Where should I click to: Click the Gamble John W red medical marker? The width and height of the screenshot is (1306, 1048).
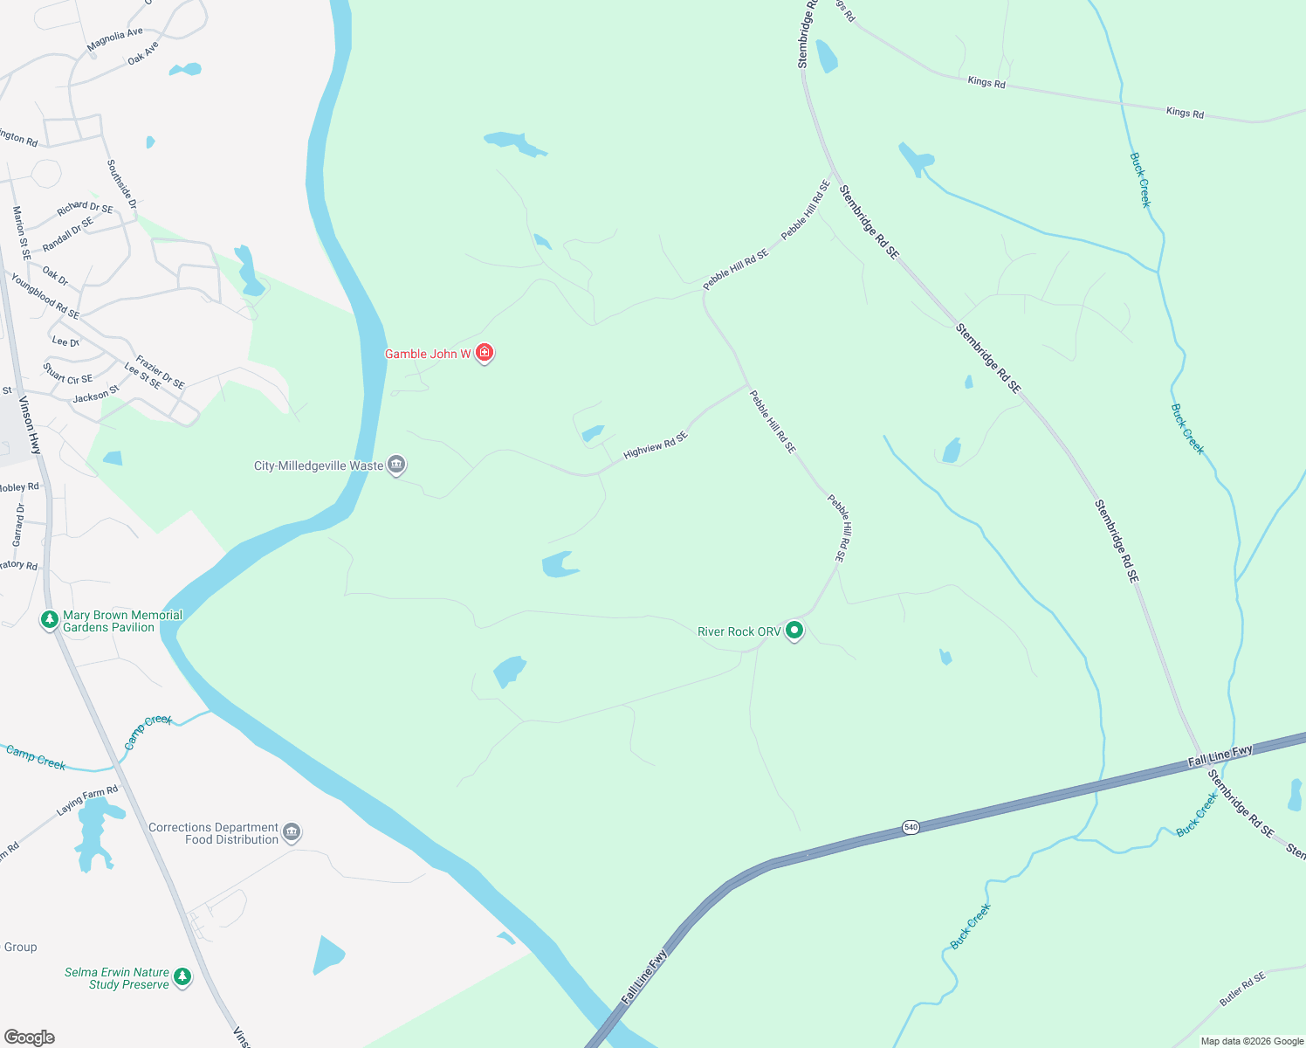tap(485, 353)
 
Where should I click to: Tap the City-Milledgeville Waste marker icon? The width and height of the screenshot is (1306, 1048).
tap(396, 465)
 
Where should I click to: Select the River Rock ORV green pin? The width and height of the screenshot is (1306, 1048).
tap(794, 630)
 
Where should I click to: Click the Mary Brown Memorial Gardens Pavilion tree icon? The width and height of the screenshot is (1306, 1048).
tap(50, 620)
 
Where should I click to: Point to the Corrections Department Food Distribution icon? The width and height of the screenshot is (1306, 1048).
tap(292, 831)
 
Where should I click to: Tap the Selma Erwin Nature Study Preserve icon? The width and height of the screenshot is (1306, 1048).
tap(182, 976)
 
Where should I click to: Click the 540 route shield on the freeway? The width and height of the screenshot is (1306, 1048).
tap(911, 826)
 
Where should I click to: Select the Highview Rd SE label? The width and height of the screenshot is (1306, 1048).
tap(656, 445)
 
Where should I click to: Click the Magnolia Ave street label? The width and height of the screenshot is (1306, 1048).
tap(114, 39)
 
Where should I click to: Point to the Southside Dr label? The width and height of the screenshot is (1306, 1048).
tap(122, 183)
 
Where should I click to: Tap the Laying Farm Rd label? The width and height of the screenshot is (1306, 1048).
tap(87, 801)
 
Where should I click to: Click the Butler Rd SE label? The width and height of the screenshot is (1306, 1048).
tap(1242, 989)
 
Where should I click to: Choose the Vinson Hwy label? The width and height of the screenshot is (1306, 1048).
tap(31, 425)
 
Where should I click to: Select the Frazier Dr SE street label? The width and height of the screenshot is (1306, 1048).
tap(160, 372)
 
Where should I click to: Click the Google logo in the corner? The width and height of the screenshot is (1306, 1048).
tap(30, 1038)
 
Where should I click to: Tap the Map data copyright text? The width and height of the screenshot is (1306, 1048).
tap(1252, 1041)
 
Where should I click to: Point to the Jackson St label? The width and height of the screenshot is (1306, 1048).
tap(96, 395)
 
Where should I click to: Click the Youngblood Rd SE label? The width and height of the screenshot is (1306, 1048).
tap(45, 296)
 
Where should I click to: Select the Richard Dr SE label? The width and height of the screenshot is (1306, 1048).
tap(85, 209)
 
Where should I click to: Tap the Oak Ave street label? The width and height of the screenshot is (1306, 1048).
tap(143, 53)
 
